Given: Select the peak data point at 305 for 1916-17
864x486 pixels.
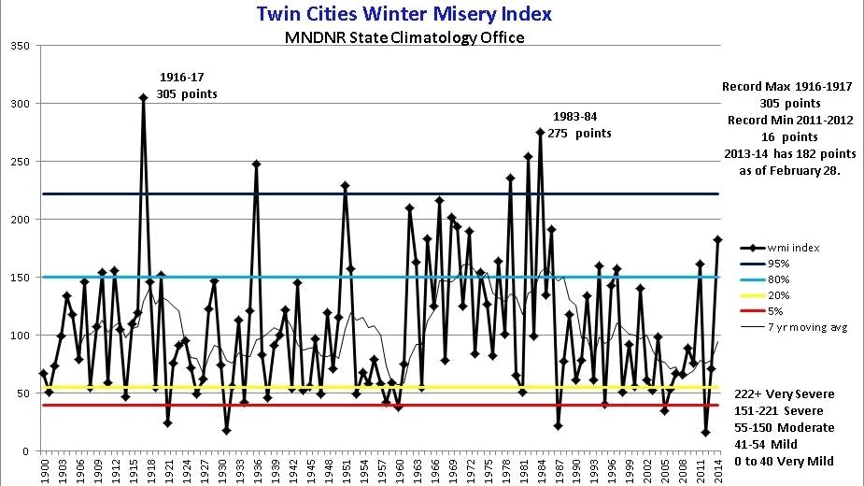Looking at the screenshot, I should (143, 97).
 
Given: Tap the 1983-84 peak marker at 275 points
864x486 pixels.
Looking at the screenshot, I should (540, 132).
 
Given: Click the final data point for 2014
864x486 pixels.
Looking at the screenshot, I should (717, 239).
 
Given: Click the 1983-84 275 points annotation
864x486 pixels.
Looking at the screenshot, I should (579, 125).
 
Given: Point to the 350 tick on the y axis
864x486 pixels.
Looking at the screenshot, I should (20, 46).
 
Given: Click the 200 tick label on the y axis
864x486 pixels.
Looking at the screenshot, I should (20, 220).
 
